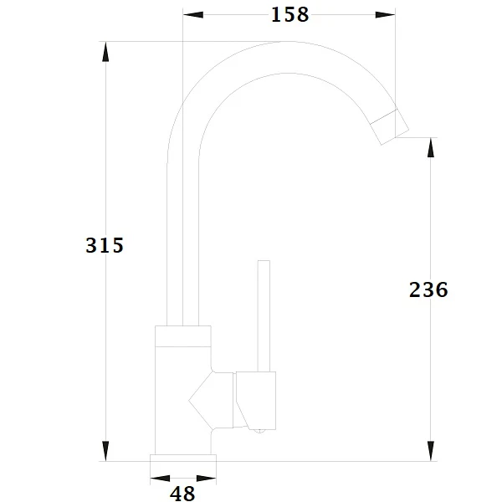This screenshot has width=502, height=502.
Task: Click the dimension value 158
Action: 289,15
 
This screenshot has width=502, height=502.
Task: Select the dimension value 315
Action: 105,245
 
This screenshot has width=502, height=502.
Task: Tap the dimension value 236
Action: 428,289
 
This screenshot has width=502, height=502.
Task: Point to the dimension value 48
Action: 182,494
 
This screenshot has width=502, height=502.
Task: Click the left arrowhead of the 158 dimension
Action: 193,15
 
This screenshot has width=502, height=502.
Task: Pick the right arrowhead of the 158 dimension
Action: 385,15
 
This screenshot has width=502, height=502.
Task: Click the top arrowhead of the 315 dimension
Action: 105,52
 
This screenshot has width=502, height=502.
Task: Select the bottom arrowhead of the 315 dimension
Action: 105,451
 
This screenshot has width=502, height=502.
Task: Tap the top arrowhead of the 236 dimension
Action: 431,147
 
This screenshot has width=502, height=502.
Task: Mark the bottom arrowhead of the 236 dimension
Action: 431,451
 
